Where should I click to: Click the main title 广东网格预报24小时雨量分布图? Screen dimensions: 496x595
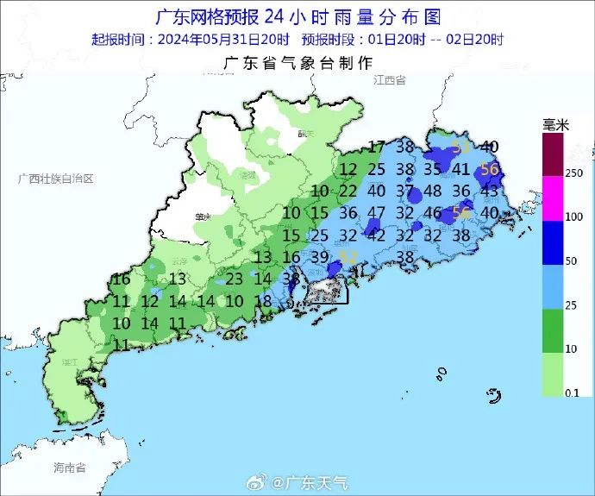297,17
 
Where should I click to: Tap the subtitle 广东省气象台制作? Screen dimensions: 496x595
297,63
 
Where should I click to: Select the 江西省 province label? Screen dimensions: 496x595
390,79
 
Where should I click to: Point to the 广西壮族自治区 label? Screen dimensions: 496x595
55,178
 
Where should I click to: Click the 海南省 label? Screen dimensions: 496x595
70,468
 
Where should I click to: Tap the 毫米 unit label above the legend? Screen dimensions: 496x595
556,125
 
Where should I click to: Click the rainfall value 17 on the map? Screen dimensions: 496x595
377,147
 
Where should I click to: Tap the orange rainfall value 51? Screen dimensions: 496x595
461,147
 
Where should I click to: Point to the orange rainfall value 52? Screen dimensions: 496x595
348,256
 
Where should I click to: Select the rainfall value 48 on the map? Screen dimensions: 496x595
433,191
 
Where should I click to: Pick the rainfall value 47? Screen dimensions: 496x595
377,212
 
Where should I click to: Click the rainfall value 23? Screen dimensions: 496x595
234,279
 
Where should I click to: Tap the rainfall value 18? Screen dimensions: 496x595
265,301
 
